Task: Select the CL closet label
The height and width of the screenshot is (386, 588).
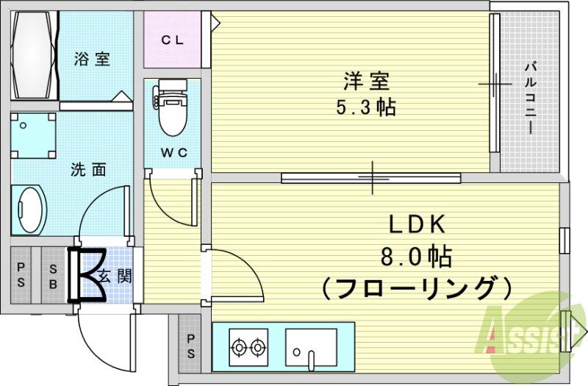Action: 173,40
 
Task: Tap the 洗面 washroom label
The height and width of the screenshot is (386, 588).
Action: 88,170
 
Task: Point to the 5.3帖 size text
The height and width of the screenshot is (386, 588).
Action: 365,108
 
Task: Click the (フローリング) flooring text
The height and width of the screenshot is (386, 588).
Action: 416,287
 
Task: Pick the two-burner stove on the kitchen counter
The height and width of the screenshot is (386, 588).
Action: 248,345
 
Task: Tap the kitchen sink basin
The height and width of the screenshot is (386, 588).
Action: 312,345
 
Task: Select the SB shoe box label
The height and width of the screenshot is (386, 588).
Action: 53,275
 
